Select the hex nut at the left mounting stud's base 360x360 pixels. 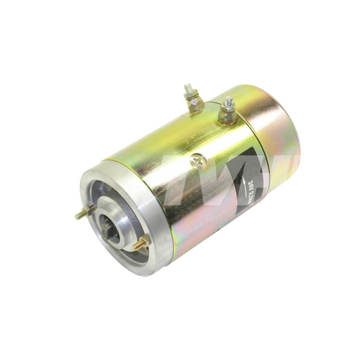click(90, 210)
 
